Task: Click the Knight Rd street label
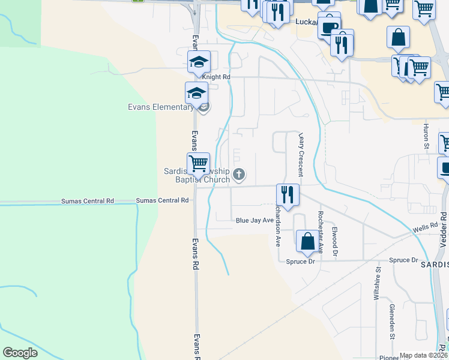point(216,77)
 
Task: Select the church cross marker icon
point(239,175)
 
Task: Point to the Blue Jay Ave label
point(255,220)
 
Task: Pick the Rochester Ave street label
point(321,232)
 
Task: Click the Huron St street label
point(426,136)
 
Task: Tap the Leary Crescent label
point(300,154)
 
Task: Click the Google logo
point(20,352)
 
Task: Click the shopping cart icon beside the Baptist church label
point(197,163)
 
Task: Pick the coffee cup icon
point(328,27)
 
